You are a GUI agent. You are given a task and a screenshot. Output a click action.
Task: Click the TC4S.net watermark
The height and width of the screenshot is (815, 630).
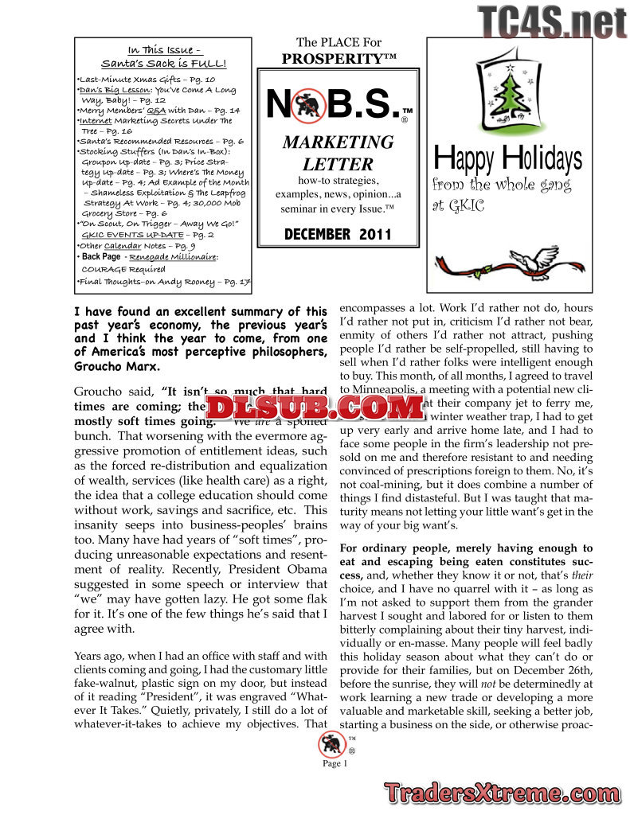(x=552, y=22)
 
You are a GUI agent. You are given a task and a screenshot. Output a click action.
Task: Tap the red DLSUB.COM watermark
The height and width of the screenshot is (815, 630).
(x=315, y=408)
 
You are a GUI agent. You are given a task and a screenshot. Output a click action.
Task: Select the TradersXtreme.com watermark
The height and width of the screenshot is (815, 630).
(x=503, y=793)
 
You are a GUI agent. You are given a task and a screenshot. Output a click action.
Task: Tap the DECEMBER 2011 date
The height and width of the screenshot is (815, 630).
(x=338, y=235)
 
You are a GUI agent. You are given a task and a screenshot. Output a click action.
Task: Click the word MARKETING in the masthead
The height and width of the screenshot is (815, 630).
(x=338, y=142)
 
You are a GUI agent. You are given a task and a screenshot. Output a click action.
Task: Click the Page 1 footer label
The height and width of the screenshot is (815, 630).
(x=335, y=764)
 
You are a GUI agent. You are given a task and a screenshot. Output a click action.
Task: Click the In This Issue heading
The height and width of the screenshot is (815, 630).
(x=166, y=49)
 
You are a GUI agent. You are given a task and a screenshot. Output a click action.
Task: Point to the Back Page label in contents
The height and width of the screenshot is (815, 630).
(x=101, y=257)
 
